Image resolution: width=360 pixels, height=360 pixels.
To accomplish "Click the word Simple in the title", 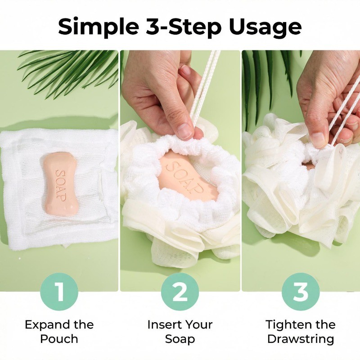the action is (99, 27).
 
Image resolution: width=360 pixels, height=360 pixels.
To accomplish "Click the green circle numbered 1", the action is (59, 292).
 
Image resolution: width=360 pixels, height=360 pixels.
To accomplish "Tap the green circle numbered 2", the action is (180, 292).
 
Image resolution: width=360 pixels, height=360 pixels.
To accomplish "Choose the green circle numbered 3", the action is (301, 292).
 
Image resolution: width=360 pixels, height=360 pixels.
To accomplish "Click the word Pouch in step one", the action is (59, 339).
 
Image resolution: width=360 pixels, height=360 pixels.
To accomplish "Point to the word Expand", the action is (47, 325).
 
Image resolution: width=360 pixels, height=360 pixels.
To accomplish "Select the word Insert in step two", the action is (162, 324).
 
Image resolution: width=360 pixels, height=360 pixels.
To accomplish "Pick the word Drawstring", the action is (301, 339).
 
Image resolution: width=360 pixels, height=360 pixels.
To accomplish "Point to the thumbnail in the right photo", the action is (319, 139).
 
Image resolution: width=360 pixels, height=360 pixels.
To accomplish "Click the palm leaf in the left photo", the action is (69, 71).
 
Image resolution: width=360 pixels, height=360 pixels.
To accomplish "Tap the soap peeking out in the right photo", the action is (308, 166).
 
